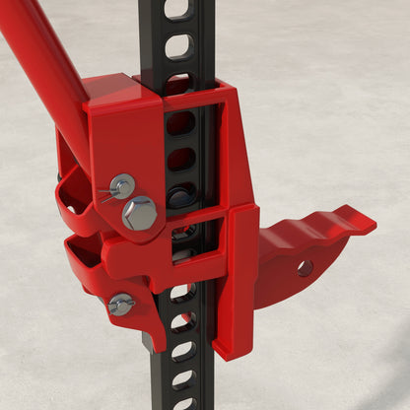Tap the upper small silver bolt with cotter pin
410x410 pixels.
tap(122, 184)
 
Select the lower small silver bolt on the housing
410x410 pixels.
tap(121, 305)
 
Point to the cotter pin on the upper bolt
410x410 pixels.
tap(104, 193)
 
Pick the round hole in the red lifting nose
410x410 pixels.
tap(305, 267)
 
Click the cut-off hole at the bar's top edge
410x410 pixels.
tap(178, 7)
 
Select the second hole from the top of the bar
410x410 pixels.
tap(178, 45)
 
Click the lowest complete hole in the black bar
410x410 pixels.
tap(183, 377)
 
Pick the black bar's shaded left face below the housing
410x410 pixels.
tap(158, 375)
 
